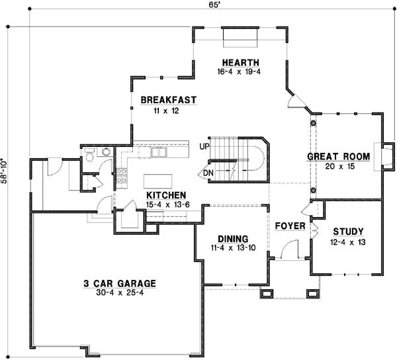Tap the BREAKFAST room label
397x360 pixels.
click(x=169, y=100)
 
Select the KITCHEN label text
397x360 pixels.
click(x=165, y=195)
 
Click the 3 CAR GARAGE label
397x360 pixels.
click(x=119, y=284)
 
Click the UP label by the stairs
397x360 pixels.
click(x=204, y=145)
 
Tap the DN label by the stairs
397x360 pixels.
click(x=208, y=173)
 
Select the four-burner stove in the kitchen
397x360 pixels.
click(x=122, y=175)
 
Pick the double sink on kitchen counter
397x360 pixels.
click(x=159, y=153)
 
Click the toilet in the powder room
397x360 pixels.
click(x=104, y=152)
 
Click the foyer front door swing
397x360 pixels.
click(x=287, y=251)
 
